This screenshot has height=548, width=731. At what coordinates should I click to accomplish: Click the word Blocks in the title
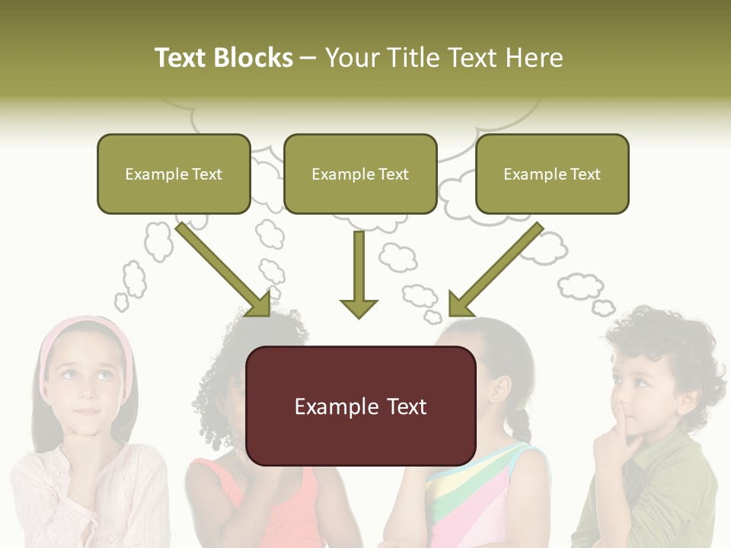click(x=254, y=58)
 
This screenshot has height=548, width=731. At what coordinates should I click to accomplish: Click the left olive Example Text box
click(x=174, y=174)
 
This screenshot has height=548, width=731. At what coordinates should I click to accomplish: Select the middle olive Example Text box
click(x=360, y=174)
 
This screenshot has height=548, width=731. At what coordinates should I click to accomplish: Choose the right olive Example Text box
click(x=552, y=174)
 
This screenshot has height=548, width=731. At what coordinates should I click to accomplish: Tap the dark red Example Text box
click(x=360, y=406)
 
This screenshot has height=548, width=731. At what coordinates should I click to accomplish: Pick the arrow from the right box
click(x=496, y=269)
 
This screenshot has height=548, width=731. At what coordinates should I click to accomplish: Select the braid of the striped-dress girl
click(x=521, y=422)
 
